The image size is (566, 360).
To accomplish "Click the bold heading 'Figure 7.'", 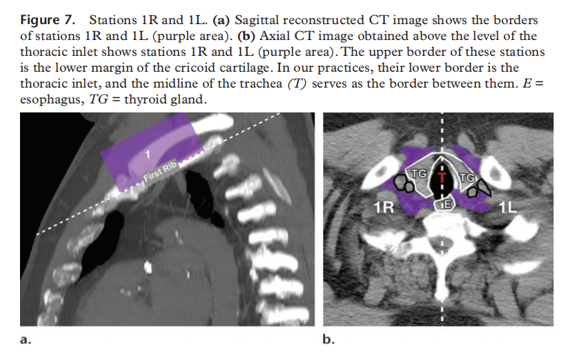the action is coord(48,20).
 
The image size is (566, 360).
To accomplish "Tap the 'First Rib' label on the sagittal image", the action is coord(160,171).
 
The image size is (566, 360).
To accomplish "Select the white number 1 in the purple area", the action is coord(147,154).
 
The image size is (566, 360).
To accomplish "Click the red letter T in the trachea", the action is coord(442,177).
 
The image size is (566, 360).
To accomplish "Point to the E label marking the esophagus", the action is coord(447,205).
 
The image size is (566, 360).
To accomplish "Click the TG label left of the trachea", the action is coord(419,174).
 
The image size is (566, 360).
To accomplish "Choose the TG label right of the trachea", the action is coord(467,178).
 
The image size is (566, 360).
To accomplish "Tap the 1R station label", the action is coord(384,208).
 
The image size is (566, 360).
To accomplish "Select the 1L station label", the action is coord(508,208).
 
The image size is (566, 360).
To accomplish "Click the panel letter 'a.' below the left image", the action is coord(26,339).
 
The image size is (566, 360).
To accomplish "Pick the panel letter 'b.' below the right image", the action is coord(329,339).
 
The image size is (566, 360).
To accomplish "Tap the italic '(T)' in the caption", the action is coord(297,83).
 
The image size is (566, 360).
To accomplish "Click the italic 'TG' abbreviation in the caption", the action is coord(98,99).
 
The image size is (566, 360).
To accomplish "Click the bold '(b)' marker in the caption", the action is coord(246,36).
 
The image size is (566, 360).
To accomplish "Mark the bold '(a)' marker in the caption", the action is coord(222,20).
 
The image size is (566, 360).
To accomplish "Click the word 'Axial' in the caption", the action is coord(275,36).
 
